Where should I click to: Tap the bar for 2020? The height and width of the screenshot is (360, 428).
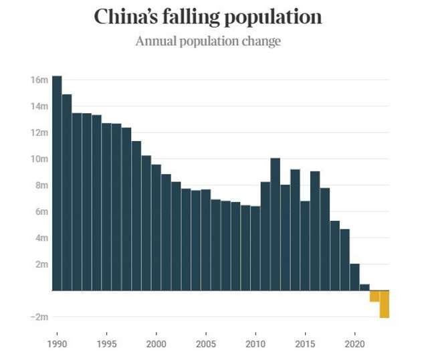pyautogui.click(x=354, y=277)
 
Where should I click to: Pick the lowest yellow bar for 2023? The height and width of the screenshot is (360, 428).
pyautogui.click(x=384, y=304)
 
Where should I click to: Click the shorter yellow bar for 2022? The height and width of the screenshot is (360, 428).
pyautogui.click(x=374, y=296)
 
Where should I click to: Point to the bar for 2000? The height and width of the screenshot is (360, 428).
pyautogui.click(x=156, y=228)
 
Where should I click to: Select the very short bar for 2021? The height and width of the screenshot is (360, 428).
pyautogui.click(x=364, y=287)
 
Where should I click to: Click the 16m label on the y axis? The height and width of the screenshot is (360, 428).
pyautogui.click(x=39, y=80)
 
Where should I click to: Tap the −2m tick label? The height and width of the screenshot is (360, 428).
pyautogui.click(x=38, y=317)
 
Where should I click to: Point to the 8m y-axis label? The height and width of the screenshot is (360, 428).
pyautogui.click(x=41, y=185)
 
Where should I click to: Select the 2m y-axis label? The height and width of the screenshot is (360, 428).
pyautogui.click(x=41, y=264)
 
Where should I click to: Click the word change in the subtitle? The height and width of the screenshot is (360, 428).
pyautogui.click(x=263, y=41)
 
